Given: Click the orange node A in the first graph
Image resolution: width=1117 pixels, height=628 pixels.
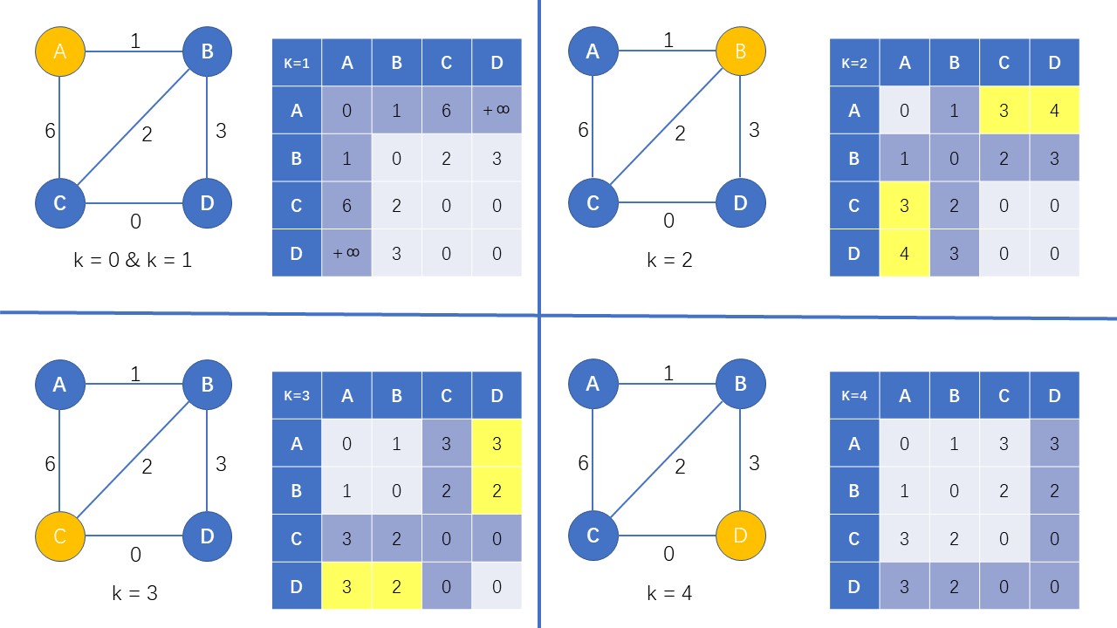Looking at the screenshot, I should point(59,51).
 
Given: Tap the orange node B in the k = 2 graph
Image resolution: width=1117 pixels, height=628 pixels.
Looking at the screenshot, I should point(740,51).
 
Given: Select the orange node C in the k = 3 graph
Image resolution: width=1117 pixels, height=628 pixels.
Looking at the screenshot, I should point(59,536).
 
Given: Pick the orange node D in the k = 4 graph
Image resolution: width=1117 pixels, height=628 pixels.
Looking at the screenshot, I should point(740,536).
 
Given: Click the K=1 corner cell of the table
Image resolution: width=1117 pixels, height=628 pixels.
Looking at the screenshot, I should point(297,62).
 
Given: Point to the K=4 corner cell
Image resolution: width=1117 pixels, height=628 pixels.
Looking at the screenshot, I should point(854,395).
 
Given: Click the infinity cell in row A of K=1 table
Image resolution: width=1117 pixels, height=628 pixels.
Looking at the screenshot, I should point(497,110).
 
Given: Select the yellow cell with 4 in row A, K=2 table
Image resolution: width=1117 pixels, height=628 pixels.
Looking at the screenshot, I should point(1054,110).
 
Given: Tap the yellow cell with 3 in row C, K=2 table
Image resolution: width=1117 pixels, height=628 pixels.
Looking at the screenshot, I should point(904,205).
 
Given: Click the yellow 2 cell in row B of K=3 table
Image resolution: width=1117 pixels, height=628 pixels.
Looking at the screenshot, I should point(497,490).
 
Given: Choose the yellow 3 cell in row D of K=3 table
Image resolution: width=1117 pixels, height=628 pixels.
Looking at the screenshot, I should point(347,586).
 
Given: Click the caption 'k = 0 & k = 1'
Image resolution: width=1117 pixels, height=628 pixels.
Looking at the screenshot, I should point(134,259).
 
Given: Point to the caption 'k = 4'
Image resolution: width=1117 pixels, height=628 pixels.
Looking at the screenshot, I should point(669,594).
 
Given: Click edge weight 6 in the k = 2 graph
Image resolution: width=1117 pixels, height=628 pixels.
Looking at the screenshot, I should point(583,130).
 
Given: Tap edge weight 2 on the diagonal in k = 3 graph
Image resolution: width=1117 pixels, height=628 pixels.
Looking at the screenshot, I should point(147,467).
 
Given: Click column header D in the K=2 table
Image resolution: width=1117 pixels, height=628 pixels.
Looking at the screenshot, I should point(1054,62).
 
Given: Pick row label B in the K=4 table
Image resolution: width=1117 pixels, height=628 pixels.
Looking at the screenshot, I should point(854,490).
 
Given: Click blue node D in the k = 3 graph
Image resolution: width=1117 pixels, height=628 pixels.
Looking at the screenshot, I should point(207,536).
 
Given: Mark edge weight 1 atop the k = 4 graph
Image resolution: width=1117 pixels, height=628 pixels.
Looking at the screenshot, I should point(668,373).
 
